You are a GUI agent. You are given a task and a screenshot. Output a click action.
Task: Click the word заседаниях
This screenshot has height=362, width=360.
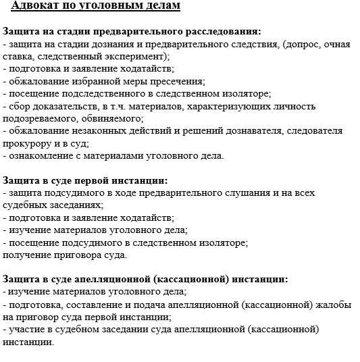point(74,205)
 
